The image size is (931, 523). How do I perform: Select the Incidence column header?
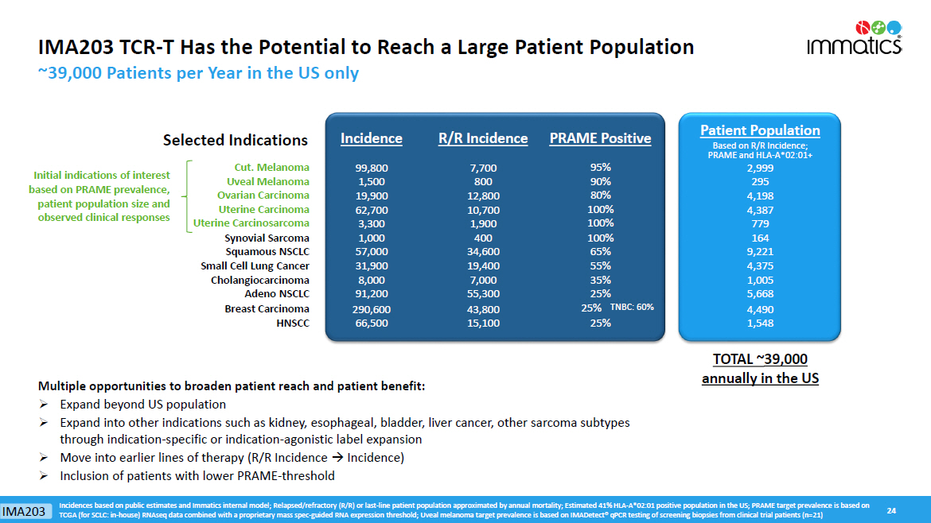pos(371,138)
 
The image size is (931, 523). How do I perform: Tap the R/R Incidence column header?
pos(483,138)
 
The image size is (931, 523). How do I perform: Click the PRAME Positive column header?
pos(600,138)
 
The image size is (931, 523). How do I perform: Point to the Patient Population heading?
pos(760,130)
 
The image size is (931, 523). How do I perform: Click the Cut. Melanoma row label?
pos(271,168)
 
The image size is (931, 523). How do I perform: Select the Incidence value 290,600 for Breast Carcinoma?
pos(371,309)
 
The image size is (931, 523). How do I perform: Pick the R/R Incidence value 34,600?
pos(483,252)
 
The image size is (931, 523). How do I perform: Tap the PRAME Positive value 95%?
pos(600,168)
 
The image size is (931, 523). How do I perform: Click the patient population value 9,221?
pos(760,252)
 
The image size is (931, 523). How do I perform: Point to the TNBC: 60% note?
pos(632,308)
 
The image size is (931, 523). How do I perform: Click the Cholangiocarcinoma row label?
pos(259,281)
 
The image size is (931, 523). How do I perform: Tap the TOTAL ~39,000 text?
pos(760,359)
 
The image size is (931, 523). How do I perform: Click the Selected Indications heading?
pos(235,141)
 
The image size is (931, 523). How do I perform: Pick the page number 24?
pos(891,509)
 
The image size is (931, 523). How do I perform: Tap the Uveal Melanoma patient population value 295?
pos(760,182)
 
